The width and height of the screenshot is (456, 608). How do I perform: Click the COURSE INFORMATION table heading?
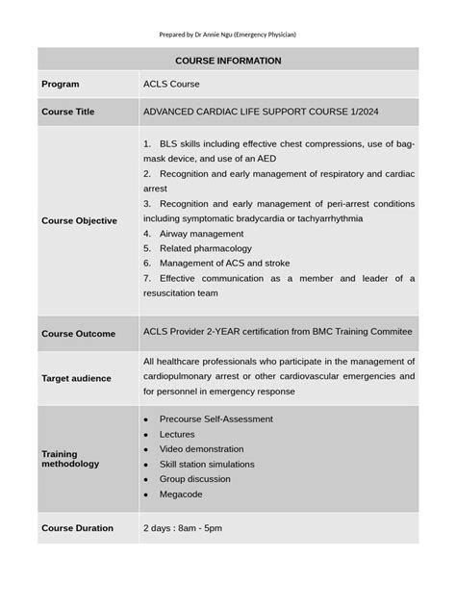click(228, 61)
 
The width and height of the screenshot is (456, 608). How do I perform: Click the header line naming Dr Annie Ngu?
click(228, 35)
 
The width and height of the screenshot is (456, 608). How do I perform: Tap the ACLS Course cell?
click(171, 85)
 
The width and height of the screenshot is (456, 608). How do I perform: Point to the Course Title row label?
click(68, 113)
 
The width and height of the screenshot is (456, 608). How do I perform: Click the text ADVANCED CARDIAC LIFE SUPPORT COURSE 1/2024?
click(247, 113)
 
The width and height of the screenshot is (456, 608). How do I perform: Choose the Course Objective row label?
click(80, 220)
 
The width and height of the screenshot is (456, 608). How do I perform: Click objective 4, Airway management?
click(200, 233)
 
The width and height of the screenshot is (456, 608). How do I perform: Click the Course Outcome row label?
click(78, 334)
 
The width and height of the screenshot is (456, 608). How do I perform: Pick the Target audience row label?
click(76, 379)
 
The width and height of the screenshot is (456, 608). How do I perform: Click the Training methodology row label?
click(70, 458)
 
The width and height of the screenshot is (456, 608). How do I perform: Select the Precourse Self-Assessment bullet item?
click(215, 418)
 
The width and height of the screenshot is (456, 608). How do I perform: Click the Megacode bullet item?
click(182, 494)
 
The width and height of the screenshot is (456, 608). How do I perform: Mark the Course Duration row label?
click(78, 528)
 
